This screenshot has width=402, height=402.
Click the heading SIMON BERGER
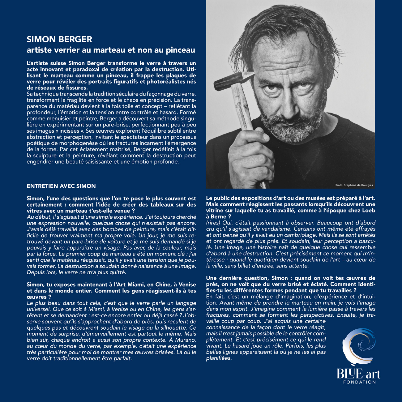click(x=59, y=39)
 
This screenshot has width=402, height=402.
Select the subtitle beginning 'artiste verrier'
click(x=111, y=50)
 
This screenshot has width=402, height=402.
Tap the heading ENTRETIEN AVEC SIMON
click(x=61, y=186)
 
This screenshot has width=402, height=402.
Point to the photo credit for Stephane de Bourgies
click(x=353, y=185)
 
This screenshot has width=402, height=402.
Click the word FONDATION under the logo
click(x=359, y=382)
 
